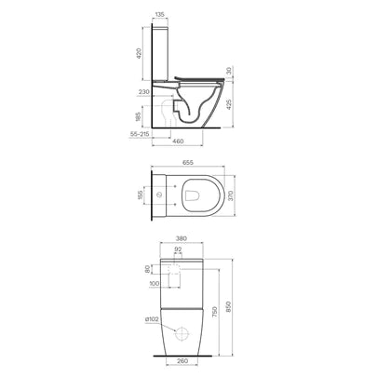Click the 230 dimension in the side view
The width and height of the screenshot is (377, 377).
pos(144,91)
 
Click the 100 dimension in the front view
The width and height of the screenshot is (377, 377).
pos(154,285)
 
